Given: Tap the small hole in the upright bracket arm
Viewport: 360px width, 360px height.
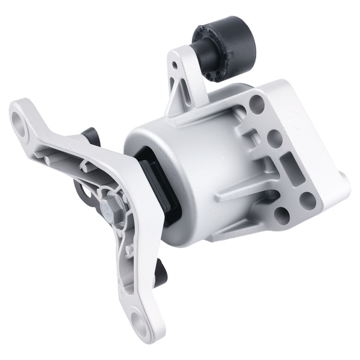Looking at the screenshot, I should click(175, 64).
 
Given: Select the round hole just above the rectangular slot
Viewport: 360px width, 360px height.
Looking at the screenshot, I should click(275, 139).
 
